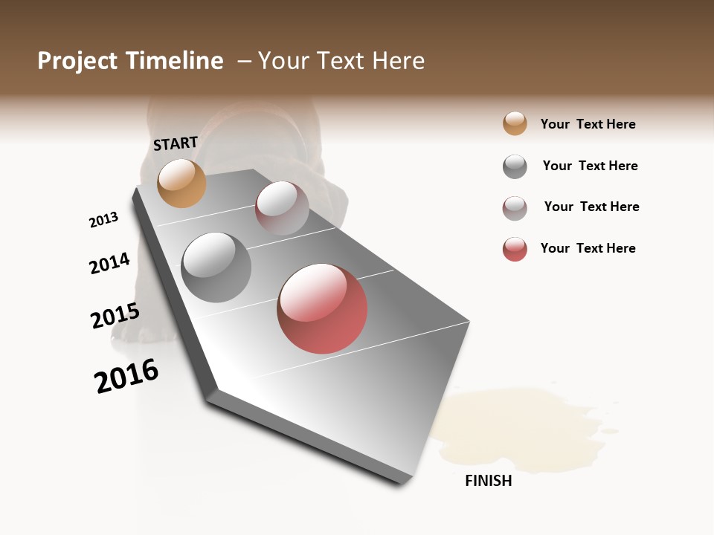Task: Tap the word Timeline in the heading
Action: coord(175,61)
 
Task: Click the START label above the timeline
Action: coord(176,143)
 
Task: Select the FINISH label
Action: coord(488,481)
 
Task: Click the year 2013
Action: coord(103,220)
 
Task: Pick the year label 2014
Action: coord(109,263)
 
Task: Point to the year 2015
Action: coord(115,315)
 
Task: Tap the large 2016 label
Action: coord(126,375)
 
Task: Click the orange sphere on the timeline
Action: coord(181,183)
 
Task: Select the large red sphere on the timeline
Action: coord(322,308)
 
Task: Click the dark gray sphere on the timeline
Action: coord(216,267)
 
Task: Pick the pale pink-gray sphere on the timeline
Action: coord(282,208)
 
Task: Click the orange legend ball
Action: coord(515,123)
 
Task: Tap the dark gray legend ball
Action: coord(515,166)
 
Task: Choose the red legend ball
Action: coord(515,249)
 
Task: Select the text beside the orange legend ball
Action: coord(588,124)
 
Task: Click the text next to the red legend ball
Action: coord(588,248)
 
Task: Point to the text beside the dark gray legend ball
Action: coord(590,166)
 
